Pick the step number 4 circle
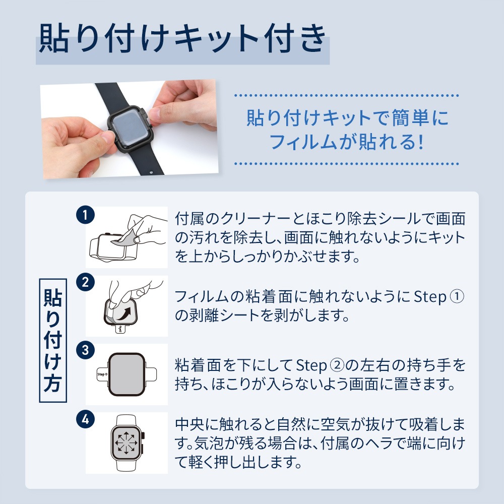pyautogui.click(x=85, y=418)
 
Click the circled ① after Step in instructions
pyautogui.click(x=456, y=297)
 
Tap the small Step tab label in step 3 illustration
pyautogui.click(x=101, y=375)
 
